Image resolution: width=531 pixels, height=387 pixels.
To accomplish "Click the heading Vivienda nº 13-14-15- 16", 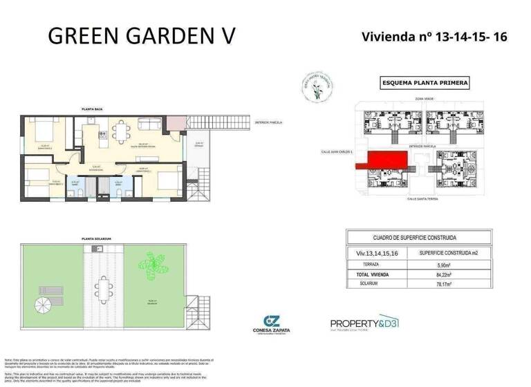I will (434, 36).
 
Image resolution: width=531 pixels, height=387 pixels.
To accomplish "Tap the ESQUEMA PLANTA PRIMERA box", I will (425, 83).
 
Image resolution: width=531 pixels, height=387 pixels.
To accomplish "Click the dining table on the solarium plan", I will (104, 291).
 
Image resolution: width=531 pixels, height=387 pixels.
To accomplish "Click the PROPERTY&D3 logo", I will (364, 321).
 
